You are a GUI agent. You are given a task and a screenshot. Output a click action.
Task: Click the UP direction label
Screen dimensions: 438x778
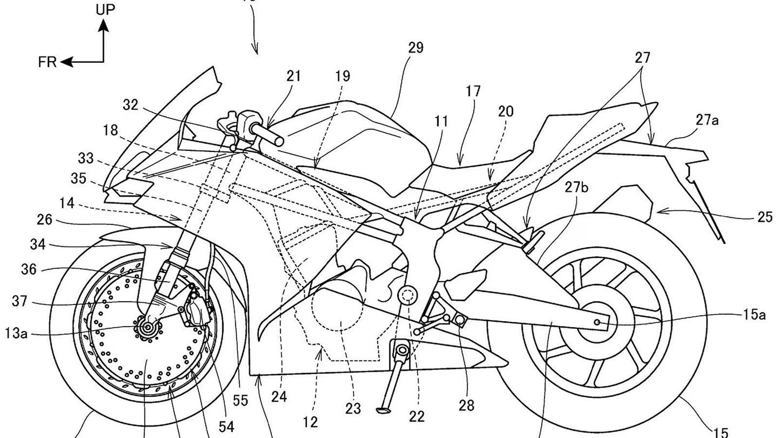click(x=106, y=9)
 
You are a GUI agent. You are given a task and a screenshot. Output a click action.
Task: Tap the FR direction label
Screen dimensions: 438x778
click(x=48, y=62)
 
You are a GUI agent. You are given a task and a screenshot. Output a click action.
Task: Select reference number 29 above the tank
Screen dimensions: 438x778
click(x=416, y=48)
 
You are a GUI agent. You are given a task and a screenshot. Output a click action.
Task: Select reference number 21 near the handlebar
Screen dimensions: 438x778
click(x=294, y=76)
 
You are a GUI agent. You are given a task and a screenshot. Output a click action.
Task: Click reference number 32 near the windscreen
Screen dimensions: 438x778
click(x=130, y=105)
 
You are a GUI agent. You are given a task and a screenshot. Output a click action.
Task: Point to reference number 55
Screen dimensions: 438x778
click(x=240, y=401)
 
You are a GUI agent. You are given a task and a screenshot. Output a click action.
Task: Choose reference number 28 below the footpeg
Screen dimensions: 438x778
click(x=466, y=405)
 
